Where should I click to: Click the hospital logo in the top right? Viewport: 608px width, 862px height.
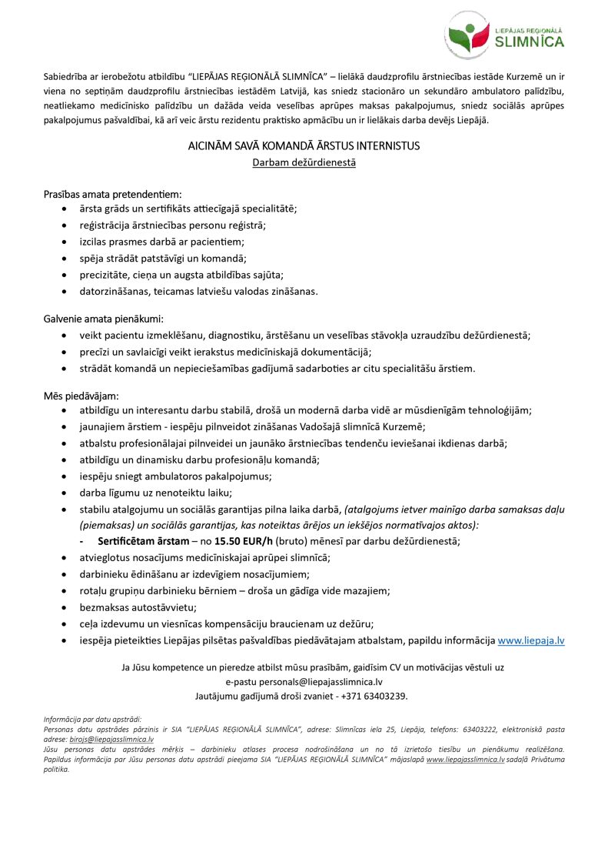pos(504,35)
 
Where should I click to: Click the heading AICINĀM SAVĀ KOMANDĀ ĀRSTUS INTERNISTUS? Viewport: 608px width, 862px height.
pos(304,145)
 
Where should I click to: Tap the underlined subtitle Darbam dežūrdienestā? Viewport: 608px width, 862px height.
pos(304,162)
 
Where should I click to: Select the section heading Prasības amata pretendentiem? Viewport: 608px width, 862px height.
pos(112,195)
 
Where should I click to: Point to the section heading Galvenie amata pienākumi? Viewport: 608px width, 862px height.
pos(104,319)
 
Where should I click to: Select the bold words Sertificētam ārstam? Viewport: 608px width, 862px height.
pos(142,541)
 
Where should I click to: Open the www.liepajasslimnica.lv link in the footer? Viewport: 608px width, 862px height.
pos(465,759)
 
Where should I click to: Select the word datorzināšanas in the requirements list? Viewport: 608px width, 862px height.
pos(117,291)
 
